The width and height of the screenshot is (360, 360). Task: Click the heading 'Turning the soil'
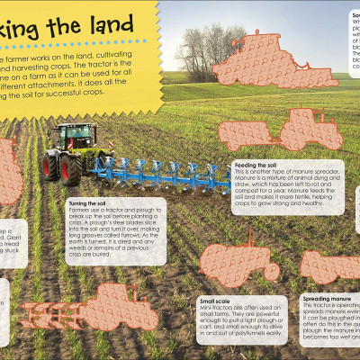click(88, 203)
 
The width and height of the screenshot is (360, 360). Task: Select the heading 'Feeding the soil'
click(255, 166)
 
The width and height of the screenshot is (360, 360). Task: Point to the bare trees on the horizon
click(198, 49)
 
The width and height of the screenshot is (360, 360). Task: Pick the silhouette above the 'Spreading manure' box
click(331, 265)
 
